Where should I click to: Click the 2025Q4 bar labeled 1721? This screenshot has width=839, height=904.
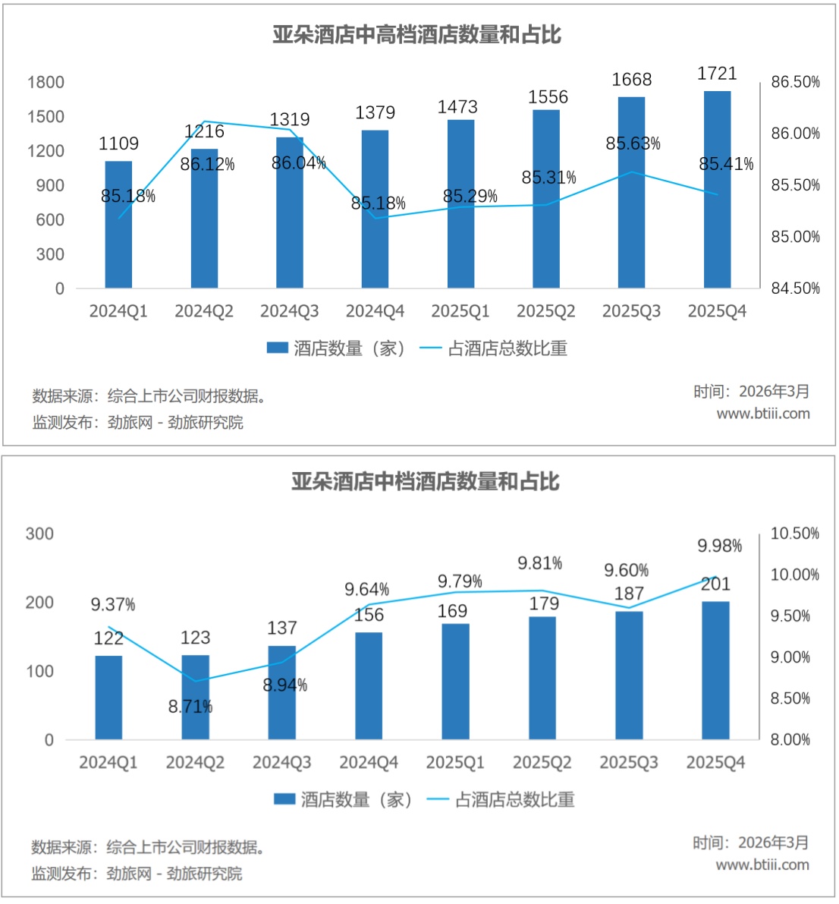(x=717, y=190)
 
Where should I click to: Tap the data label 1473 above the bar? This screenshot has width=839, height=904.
(x=457, y=107)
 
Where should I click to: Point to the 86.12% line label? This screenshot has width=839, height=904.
(x=207, y=164)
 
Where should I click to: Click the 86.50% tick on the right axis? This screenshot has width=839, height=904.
(x=795, y=82)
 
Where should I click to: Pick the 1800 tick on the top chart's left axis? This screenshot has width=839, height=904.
(x=46, y=82)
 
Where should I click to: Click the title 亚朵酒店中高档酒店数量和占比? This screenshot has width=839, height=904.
(x=417, y=35)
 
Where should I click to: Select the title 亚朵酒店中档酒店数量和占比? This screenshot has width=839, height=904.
(x=426, y=481)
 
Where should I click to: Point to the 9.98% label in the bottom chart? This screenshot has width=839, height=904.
(x=719, y=546)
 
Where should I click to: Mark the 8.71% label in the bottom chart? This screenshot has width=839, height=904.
(x=190, y=707)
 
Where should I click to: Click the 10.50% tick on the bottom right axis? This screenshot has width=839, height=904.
(x=794, y=534)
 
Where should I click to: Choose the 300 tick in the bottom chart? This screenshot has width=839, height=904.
(x=39, y=534)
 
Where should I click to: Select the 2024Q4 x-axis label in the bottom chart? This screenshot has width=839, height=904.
(x=369, y=763)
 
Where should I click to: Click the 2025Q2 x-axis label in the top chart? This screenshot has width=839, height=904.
(x=546, y=311)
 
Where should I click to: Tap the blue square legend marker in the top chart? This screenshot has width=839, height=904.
(x=278, y=348)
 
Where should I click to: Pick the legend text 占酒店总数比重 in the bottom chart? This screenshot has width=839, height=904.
(x=514, y=799)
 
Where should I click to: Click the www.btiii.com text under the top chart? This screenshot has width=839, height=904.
(x=763, y=414)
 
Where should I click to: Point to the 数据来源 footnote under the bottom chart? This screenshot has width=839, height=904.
(x=148, y=847)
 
